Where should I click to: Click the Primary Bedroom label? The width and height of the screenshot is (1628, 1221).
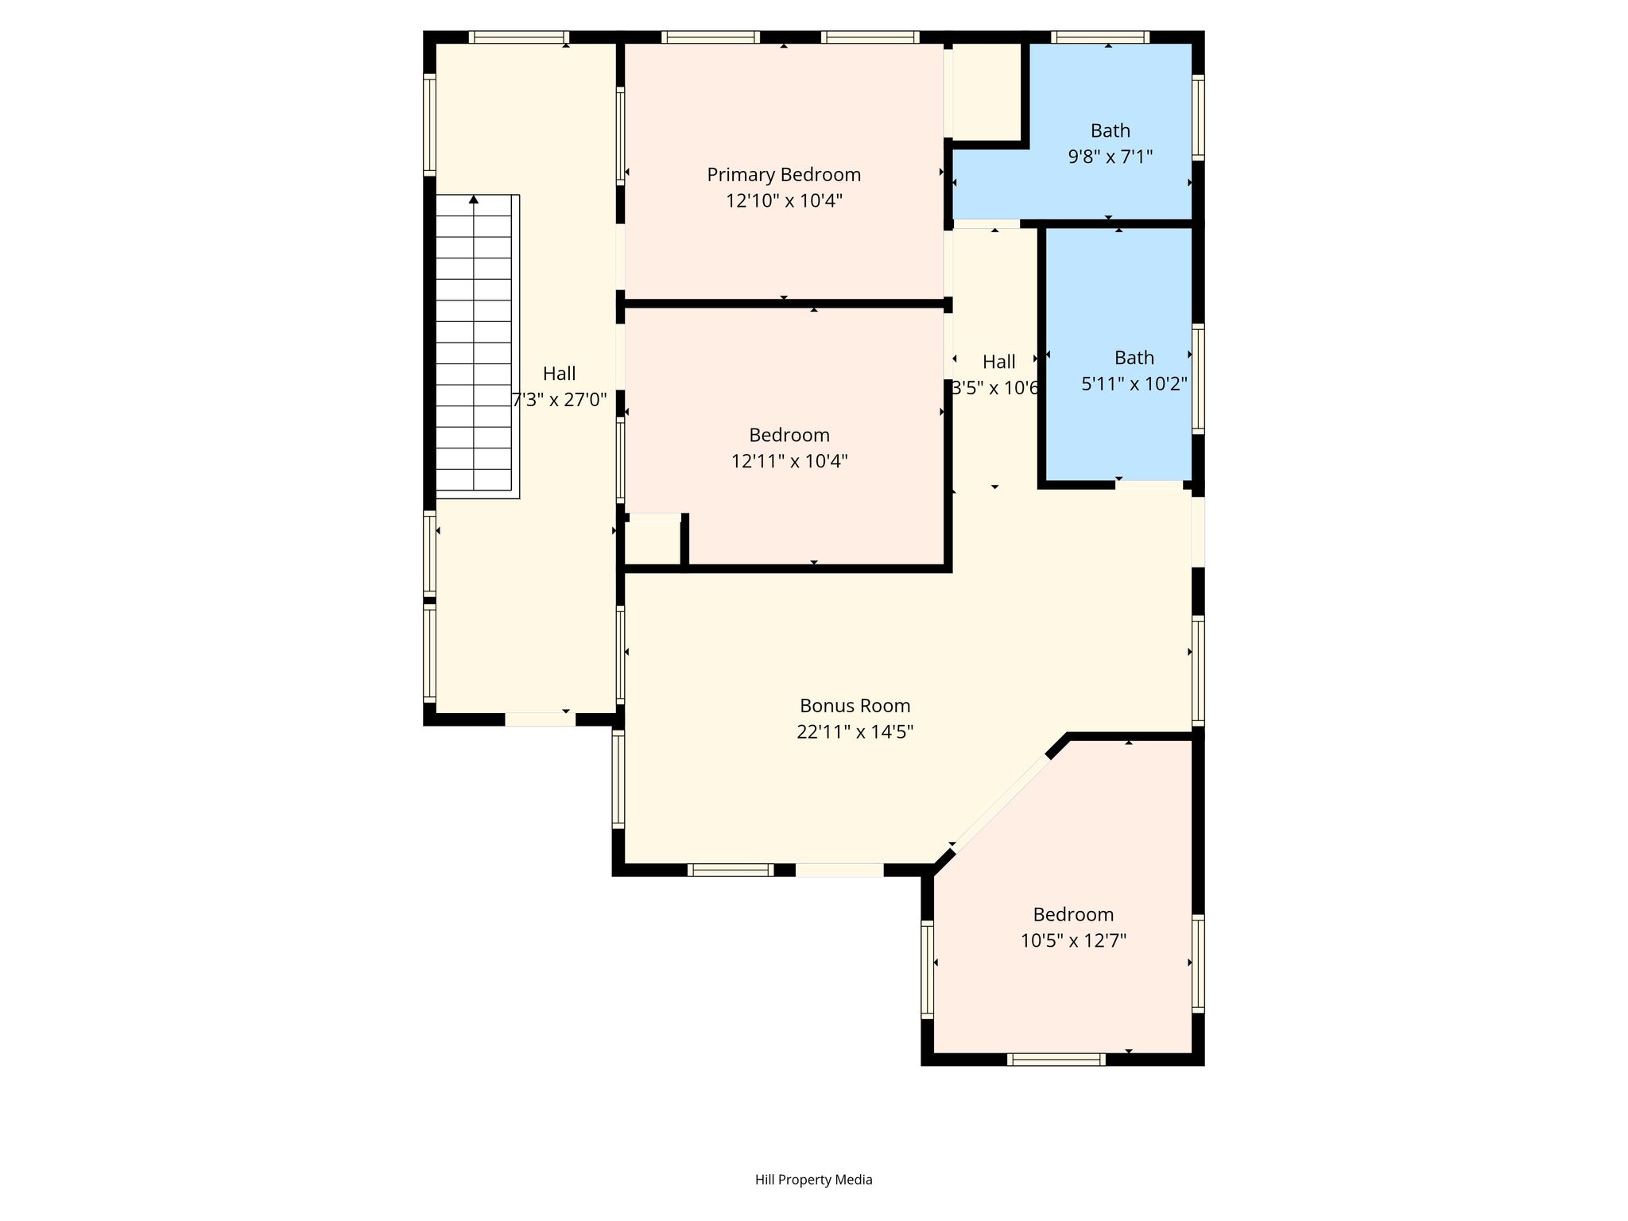(784, 175)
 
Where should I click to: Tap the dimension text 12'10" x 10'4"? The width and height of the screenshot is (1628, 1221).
(784, 200)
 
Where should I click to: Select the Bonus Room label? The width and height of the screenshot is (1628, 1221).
(855, 706)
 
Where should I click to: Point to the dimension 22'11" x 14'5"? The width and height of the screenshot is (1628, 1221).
(855, 731)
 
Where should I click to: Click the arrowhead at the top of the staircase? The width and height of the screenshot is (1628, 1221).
(474, 200)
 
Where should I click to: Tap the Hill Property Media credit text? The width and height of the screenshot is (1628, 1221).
(813, 1180)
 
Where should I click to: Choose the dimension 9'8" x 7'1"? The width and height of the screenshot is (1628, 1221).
(1110, 157)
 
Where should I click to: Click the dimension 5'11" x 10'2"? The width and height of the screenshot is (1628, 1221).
(1134, 384)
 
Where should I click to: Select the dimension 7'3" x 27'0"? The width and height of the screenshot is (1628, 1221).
(560, 399)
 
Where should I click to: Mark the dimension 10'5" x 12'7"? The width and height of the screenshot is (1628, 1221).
(1073, 940)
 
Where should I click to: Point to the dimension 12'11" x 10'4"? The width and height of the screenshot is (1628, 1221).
(789, 461)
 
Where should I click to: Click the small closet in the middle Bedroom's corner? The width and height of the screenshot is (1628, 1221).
(653, 542)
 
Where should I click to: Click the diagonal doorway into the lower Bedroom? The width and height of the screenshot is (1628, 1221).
(1001, 803)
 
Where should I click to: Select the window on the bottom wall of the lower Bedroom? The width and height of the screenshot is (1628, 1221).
(1056, 1059)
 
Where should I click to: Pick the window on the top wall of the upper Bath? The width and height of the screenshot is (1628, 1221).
(1100, 37)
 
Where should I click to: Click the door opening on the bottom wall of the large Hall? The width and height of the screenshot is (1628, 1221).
(541, 719)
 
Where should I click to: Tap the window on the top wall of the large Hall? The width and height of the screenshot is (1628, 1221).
(518, 37)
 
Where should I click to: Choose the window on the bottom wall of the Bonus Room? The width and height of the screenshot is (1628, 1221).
(731, 870)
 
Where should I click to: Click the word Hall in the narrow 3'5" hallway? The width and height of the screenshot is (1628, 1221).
(998, 362)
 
